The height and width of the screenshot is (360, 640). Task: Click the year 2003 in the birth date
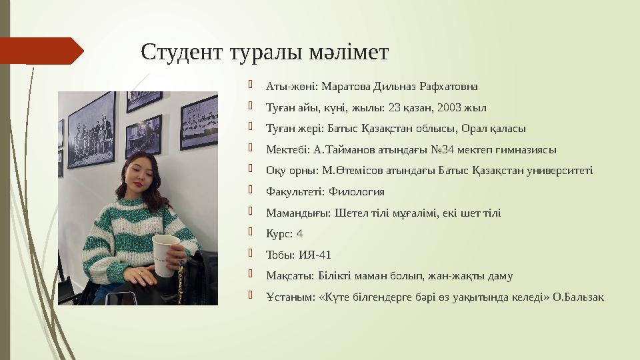click(449, 107)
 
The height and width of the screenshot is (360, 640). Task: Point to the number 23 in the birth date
click(395, 107)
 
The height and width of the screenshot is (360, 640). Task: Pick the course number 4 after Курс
click(299, 234)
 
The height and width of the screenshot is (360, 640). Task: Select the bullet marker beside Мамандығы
click(251, 212)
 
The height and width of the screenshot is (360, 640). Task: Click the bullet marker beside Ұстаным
click(251, 296)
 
